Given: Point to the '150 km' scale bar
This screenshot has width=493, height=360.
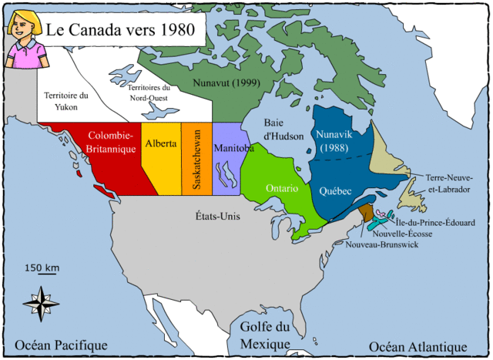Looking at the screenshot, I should tap(42, 269).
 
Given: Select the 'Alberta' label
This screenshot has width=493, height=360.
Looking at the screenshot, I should tap(160, 144).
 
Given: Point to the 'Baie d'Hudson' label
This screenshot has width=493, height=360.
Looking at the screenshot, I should tap(282, 129).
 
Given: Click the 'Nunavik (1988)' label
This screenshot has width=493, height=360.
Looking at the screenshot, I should tap(334, 140).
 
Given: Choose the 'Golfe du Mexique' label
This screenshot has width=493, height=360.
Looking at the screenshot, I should tap(266, 335).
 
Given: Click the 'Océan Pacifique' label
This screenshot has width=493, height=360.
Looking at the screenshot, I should tap(62, 345).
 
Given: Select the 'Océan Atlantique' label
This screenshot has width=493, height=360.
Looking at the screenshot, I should tap(420, 345).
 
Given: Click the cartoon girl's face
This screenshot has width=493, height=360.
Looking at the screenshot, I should tap(25, 27).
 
